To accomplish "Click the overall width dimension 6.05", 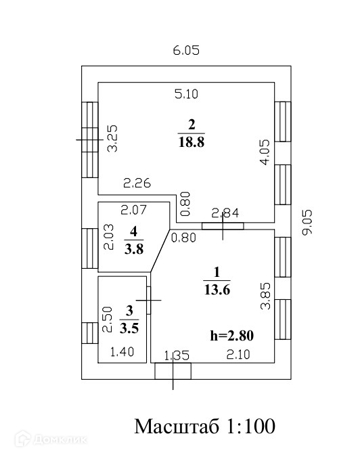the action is pyautogui.click(x=186, y=50).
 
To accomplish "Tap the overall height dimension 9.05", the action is pyautogui.click(x=307, y=222).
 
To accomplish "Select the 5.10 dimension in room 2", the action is pyautogui.click(x=186, y=94).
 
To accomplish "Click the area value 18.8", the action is pyautogui.click(x=192, y=142).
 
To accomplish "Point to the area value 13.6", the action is pyautogui.click(x=217, y=290).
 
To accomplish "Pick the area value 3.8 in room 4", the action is pyautogui.click(x=134, y=249).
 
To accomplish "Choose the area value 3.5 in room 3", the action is pyautogui.click(x=129, y=328).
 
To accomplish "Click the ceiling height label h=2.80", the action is pyautogui.click(x=232, y=335).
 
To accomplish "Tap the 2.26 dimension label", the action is pyautogui.click(x=137, y=183).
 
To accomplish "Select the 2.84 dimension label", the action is pyautogui.click(x=225, y=213).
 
